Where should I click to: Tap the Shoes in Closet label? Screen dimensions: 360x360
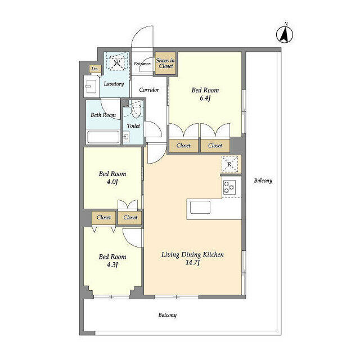coord(165,63)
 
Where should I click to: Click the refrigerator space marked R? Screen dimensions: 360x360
coord(229,164)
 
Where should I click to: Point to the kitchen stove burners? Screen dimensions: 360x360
coord(229,187)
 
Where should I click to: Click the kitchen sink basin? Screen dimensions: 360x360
coord(200,208)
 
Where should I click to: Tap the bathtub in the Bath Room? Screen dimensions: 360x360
coord(103,137)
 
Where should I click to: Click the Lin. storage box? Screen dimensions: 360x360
coord(95,69)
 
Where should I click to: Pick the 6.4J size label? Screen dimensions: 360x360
coord(205,98)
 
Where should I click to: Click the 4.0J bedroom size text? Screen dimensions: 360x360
coord(112,182)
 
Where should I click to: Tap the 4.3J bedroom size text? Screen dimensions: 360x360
coord(112,265)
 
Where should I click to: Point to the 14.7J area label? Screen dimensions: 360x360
coord(192,263)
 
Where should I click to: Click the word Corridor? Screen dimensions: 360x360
coord(148,90)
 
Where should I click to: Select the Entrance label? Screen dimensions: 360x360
coord(142,64)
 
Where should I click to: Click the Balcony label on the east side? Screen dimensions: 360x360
coord(263,181)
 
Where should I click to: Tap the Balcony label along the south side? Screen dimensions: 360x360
coord(168,315)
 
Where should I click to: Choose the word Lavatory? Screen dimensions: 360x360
coord(114,84)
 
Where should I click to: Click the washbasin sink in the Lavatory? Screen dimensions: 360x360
coord(90,86)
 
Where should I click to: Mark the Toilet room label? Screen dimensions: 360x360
coord(133,126)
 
